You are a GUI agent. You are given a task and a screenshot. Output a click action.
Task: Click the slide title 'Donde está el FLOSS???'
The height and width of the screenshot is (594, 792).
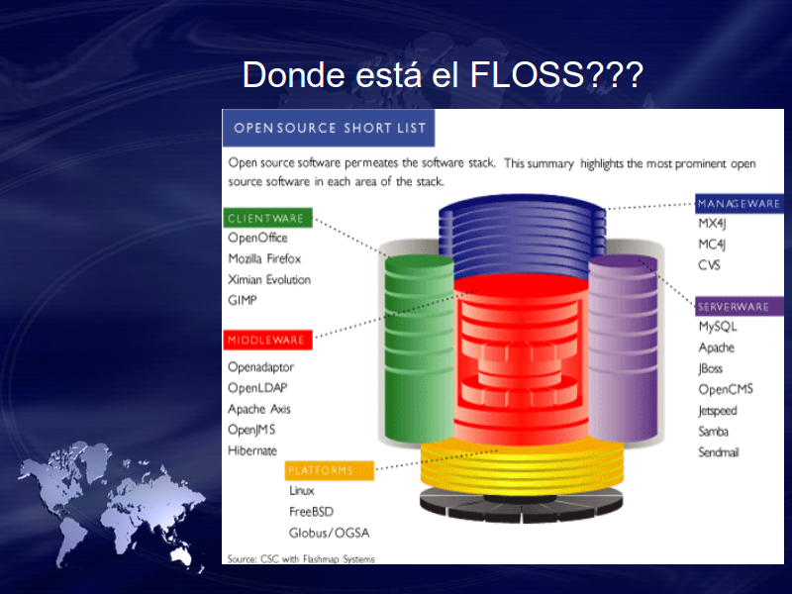pyautogui.click(x=443, y=75)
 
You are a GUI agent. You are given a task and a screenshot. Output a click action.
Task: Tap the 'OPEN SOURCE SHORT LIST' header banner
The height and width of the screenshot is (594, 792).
pyautogui.click(x=329, y=128)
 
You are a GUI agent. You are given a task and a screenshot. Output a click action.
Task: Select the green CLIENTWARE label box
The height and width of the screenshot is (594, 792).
pyautogui.click(x=267, y=218)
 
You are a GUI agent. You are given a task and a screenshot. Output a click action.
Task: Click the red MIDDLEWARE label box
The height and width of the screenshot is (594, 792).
pyautogui.click(x=267, y=340)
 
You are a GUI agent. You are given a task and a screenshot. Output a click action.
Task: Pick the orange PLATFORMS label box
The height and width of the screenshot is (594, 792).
pyautogui.click(x=330, y=471)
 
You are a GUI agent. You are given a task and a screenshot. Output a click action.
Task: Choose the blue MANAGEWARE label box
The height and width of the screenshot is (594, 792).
pyautogui.click(x=740, y=204)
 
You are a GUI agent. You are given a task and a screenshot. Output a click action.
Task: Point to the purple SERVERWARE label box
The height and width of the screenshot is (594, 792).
pyautogui.click(x=740, y=307)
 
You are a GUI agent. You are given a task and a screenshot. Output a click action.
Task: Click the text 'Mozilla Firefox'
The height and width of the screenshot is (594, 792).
pyautogui.click(x=264, y=258)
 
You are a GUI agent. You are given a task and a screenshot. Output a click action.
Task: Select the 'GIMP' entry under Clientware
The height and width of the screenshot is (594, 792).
pyautogui.click(x=243, y=300)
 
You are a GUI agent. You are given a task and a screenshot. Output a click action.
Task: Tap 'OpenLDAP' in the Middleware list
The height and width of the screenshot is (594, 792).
pyautogui.click(x=257, y=388)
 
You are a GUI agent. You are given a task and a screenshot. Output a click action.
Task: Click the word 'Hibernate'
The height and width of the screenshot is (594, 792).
pyautogui.click(x=252, y=450)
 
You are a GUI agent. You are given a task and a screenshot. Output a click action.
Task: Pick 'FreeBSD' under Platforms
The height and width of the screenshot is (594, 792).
pyautogui.click(x=311, y=512)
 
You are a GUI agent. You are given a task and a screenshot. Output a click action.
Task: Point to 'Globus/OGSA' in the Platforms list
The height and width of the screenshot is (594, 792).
pyautogui.click(x=330, y=533)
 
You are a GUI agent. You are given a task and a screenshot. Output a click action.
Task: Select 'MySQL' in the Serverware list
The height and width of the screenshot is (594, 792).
pyautogui.click(x=718, y=327)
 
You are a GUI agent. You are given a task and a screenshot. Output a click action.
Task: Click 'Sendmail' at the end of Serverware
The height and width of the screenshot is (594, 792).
pyautogui.click(x=719, y=452)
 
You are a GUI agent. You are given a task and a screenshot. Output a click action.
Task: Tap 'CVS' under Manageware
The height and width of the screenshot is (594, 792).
pyautogui.click(x=709, y=265)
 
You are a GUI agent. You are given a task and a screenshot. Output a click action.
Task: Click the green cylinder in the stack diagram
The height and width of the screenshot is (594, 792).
pyautogui.click(x=419, y=349)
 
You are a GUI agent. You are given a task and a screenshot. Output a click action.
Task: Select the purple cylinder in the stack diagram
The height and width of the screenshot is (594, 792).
pyautogui.click(x=623, y=348)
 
